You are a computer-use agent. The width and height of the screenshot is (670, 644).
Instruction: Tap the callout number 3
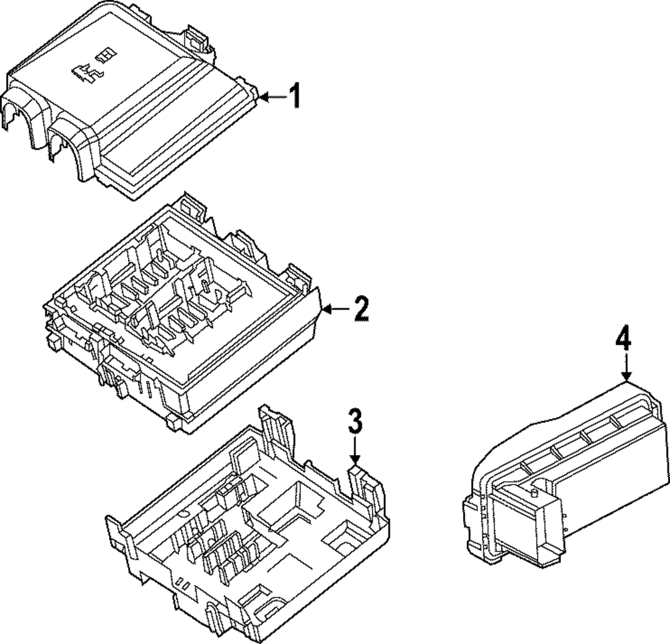click(x=355, y=422)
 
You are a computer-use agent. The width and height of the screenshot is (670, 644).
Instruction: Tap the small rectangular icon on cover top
click(x=106, y=52)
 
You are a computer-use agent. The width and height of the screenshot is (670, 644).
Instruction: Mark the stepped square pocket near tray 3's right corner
click(x=342, y=540)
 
